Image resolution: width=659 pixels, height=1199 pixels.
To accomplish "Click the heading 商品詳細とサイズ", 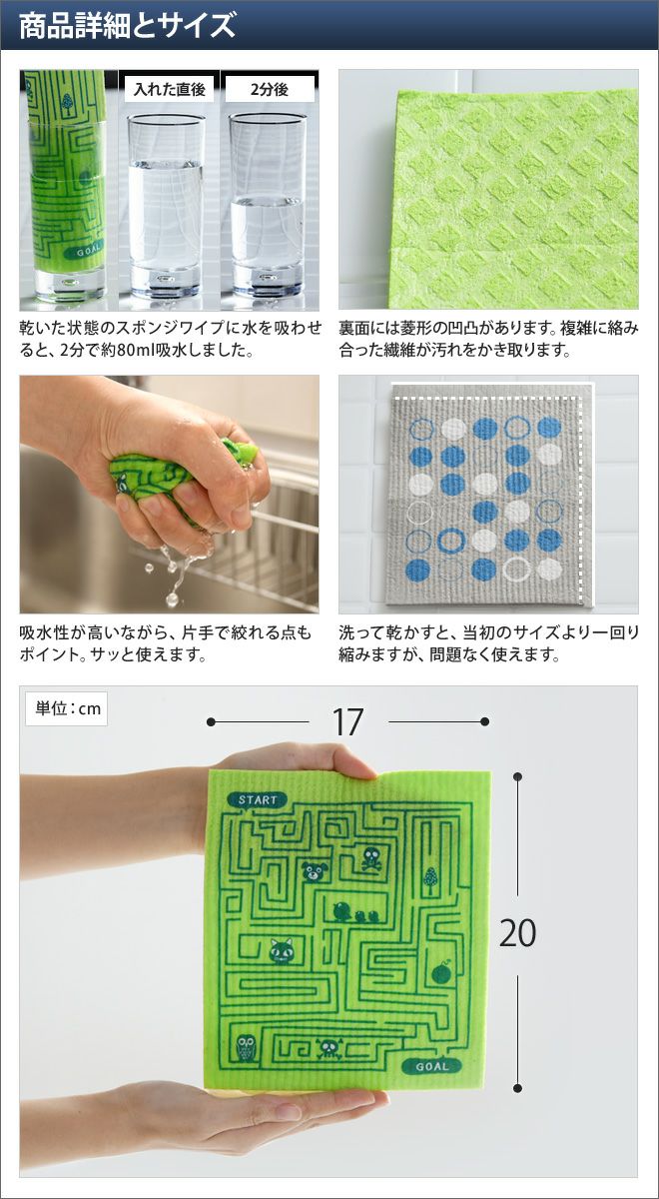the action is pos(127,26).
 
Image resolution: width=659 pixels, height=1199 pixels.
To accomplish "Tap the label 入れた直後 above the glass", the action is pos(170,89).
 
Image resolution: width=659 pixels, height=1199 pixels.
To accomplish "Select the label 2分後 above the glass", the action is pos(270,89).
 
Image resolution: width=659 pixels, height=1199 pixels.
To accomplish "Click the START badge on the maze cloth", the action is pos(258,800).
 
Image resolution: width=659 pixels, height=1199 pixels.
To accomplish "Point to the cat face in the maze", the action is pos(282,950).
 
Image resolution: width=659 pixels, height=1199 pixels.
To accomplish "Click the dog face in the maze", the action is pos(314,871).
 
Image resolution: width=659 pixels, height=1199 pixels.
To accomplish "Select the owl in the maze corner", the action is pos(246,1047).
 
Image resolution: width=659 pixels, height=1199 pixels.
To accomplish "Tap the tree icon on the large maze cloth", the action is pos(430,878).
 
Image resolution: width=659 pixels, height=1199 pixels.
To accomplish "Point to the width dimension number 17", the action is pos(347,722).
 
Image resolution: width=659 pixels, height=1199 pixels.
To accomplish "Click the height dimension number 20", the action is pos(517,933).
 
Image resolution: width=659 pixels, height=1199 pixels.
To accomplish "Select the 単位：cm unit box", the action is pos(67,708).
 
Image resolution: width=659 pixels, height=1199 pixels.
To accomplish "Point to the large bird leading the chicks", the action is pos(340,911).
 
